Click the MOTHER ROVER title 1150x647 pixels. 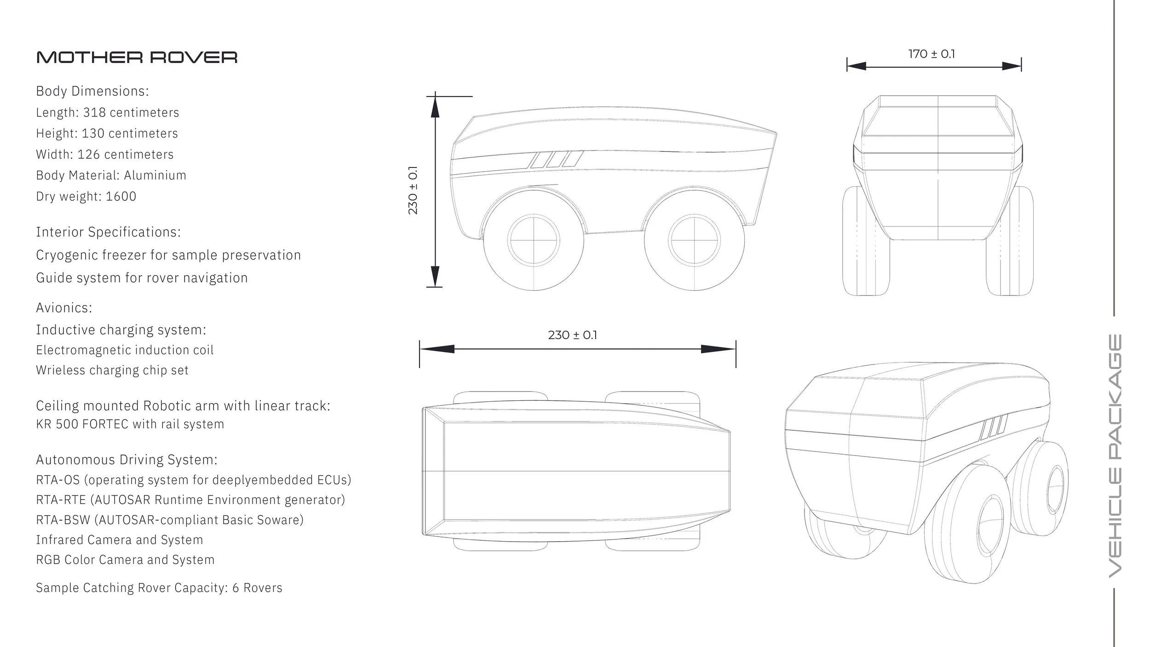(x=137, y=58)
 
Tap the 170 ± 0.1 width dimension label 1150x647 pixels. (x=931, y=54)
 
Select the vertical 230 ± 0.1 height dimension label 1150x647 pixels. (x=413, y=191)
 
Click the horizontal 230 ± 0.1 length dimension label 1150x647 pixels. (x=572, y=335)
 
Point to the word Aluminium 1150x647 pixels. (x=155, y=175)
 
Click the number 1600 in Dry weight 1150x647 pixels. (x=121, y=196)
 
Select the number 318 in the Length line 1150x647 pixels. (x=94, y=113)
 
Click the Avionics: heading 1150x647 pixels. (x=64, y=308)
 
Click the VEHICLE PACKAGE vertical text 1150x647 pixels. (x=1115, y=456)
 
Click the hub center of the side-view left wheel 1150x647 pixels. (x=534, y=241)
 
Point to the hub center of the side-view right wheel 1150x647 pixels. (x=694, y=241)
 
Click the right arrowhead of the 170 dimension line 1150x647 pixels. (x=1012, y=66)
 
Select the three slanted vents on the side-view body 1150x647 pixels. (x=557, y=159)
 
